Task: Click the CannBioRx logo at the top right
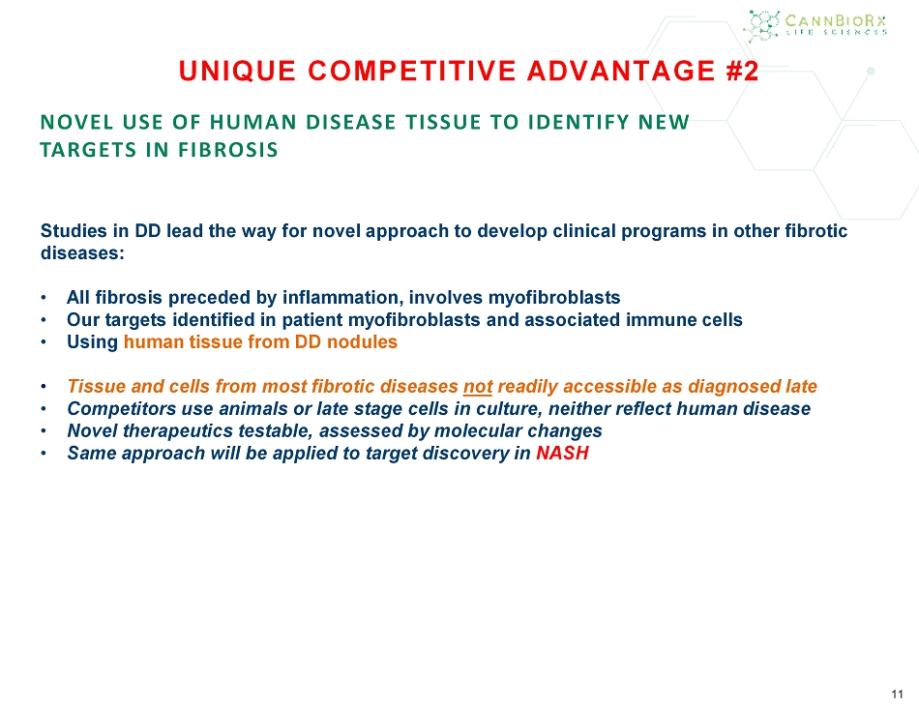(x=815, y=26)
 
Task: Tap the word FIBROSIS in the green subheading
(x=228, y=150)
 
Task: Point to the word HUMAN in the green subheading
(x=255, y=122)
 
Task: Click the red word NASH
(x=562, y=453)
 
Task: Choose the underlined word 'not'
(x=478, y=387)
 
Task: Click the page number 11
(x=897, y=694)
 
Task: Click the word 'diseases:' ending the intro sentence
(x=82, y=253)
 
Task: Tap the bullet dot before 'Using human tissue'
(x=44, y=342)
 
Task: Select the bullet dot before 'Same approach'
(x=44, y=454)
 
